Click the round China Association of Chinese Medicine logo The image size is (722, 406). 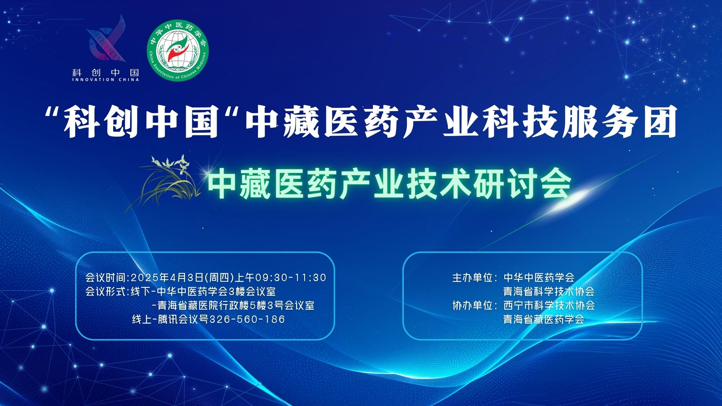tap(177, 50)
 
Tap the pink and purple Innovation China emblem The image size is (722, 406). tap(106, 38)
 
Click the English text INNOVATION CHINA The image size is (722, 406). tap(105, 80)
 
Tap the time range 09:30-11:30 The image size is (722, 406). tap(291, 277)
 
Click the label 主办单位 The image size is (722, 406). tap(472, 277)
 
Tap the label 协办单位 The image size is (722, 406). tap(472, 305)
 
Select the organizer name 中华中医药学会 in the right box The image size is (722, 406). tap(539, 277)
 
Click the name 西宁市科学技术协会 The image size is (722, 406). tap(549, 305)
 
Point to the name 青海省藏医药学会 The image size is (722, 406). tap(544, 320)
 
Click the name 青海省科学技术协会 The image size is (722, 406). tap(549, 291)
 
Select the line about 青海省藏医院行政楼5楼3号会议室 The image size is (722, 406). tap(233, 305)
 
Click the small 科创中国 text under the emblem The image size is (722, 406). tap(105, 72)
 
